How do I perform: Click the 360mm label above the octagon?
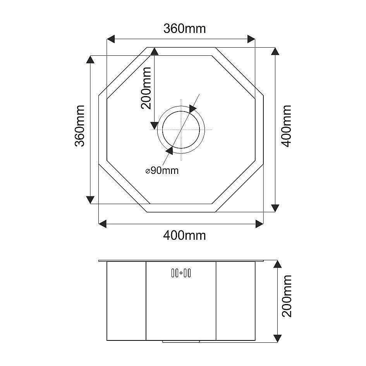tap(184, 29)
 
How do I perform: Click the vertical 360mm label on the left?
tap(80, 126)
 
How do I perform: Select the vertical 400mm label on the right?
tap(287, 126)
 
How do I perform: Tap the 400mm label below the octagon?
tap(184, 235)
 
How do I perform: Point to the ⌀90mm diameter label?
tap(162, 170)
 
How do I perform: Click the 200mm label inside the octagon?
tap(146, 88)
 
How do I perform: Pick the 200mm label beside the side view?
tap(287, 296)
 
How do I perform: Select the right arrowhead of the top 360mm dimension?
tap(251, 39)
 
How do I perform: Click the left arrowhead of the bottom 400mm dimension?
tap(103, 223)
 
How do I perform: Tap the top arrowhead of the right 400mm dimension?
tap(275, 52)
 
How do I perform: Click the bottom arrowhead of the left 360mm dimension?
tap(90, 199)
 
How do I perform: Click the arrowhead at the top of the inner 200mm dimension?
tap(154, 52)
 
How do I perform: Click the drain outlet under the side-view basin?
tap(181, 342)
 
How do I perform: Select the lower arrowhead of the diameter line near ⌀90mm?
tap(170, 150)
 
